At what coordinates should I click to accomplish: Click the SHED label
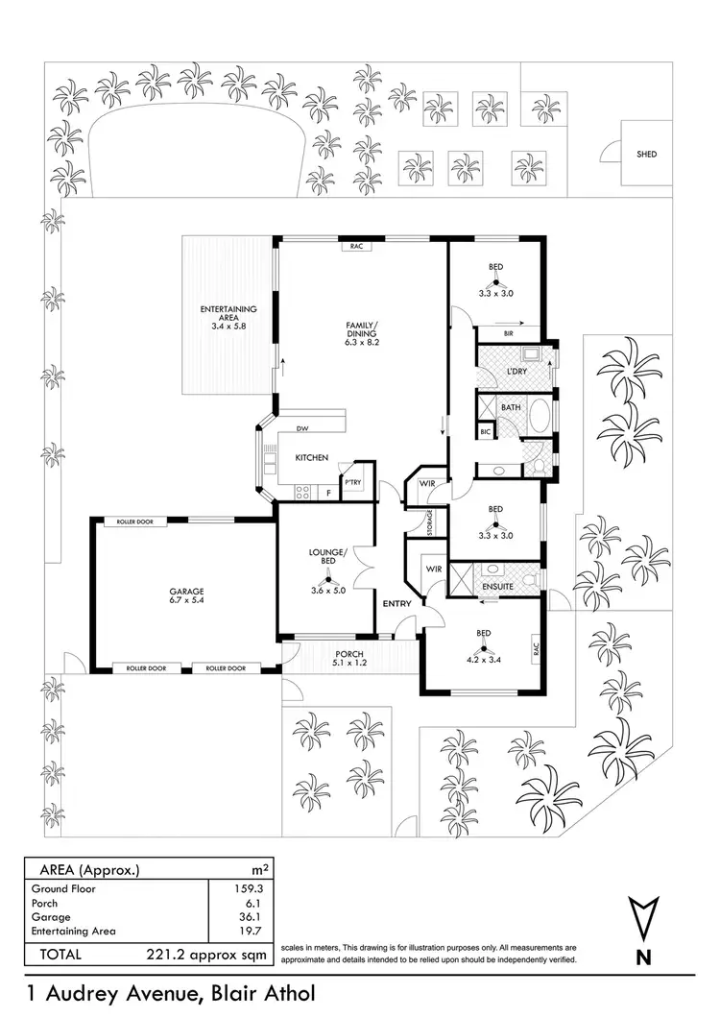coord(647,154)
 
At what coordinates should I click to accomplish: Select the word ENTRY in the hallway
coord(396,603)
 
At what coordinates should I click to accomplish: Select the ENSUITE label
coord(497,585)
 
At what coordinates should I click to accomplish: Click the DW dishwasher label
coord(301,428)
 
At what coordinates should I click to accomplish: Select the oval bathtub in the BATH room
coord(539,419)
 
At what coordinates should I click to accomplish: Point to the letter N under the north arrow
coord(643,957)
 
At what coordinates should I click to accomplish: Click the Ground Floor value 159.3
coord(249,889)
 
